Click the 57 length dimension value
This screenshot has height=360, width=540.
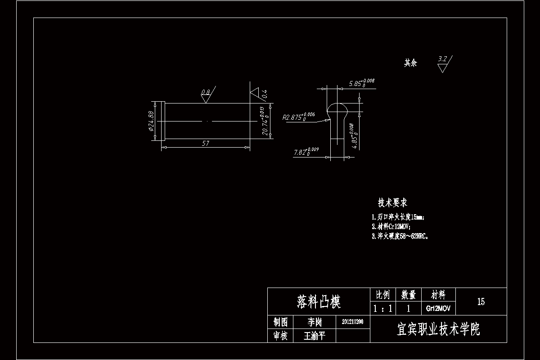tap(206, 144)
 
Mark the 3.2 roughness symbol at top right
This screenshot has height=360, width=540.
tap(443, 64)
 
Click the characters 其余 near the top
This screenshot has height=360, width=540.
tap(410, 63)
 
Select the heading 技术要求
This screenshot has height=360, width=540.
tap(392, 203)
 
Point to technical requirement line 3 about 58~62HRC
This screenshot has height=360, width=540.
tap(400, 236)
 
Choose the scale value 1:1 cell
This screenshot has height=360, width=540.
tap(382, 309)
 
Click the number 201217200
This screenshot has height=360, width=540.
tap(353, 322)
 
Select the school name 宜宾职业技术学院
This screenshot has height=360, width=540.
tap(438, 329)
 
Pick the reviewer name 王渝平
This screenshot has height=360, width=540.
tap(315, 336)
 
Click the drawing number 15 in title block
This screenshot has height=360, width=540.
tap(481, 301)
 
